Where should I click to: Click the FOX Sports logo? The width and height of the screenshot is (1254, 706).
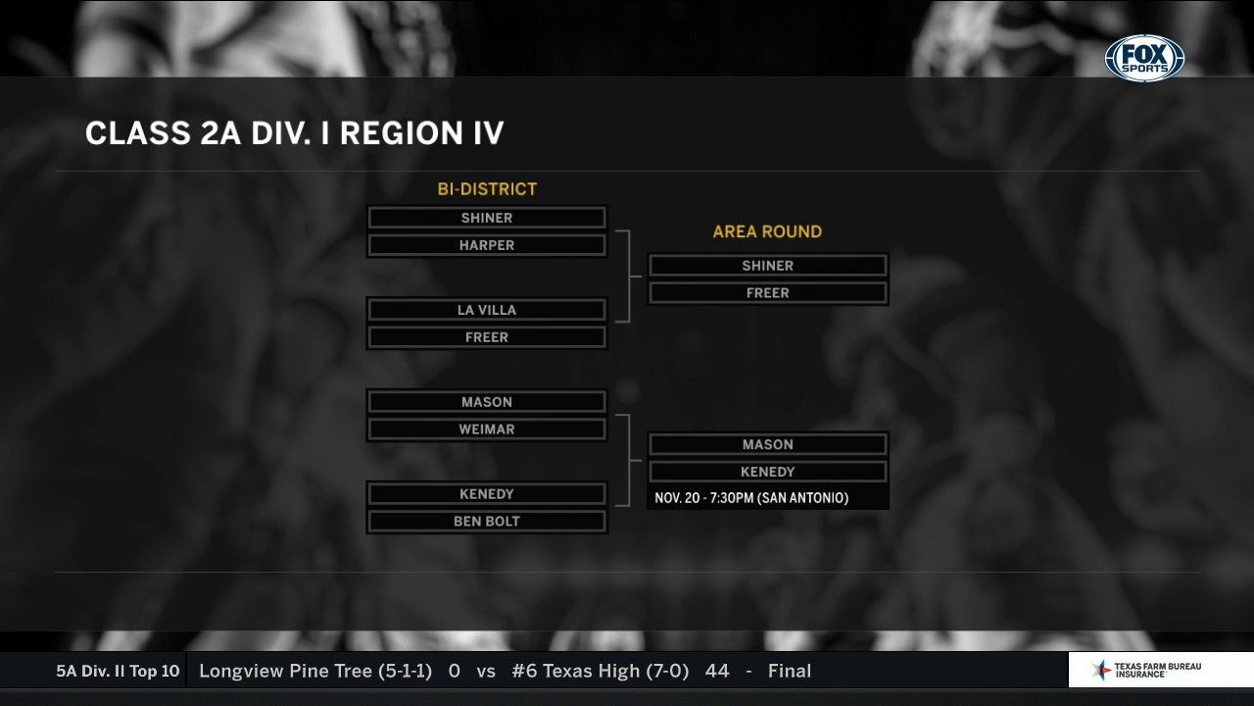[1144, 58]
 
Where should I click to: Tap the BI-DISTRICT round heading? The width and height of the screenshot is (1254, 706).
[487, 189]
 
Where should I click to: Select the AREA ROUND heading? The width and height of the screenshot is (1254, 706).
[767, 232]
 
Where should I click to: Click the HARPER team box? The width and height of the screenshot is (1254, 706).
[487, 245]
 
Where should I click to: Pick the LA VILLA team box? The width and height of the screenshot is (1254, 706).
[487, 310]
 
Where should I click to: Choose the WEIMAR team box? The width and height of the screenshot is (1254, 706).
[487, 429]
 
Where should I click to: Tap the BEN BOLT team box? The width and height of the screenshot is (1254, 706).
[487, 521]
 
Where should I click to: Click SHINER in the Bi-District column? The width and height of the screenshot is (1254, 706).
[487, 218]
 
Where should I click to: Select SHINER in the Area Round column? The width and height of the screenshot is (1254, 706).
[767, 266]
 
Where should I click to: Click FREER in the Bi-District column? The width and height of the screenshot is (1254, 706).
[487, 337]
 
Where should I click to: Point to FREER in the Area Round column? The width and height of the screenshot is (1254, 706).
[767, 293]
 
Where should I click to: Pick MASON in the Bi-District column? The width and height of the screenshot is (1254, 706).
[487, 402]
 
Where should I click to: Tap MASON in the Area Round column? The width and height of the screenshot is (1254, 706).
[767, 444]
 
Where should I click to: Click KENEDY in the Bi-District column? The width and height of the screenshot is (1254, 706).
[487, 493]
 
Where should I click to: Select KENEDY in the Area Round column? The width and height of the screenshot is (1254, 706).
[767, 472]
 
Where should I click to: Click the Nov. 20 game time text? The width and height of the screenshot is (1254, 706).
[751, 498]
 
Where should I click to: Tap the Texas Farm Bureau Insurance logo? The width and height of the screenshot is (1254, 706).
[1146, 670]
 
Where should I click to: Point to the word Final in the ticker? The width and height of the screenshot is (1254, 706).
[790, 671]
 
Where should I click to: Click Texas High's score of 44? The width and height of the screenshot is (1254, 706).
[717, 671]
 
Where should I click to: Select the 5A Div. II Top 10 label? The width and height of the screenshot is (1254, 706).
[118, 672]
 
